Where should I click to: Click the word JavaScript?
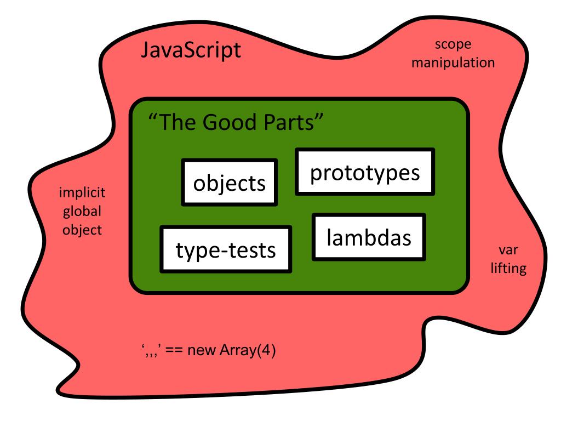[x=191, y=51]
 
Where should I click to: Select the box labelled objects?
[x=229, y=183]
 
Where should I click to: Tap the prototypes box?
[x=365, y=172]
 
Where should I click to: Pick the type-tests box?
[x=226, y=249]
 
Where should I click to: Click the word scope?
[x=453, y=45]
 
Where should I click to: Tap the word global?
[x=82, y=212]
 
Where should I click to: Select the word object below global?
[x=82, y=230]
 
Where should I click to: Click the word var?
[x=508, y=251]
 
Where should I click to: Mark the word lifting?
[x=508, y=269]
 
